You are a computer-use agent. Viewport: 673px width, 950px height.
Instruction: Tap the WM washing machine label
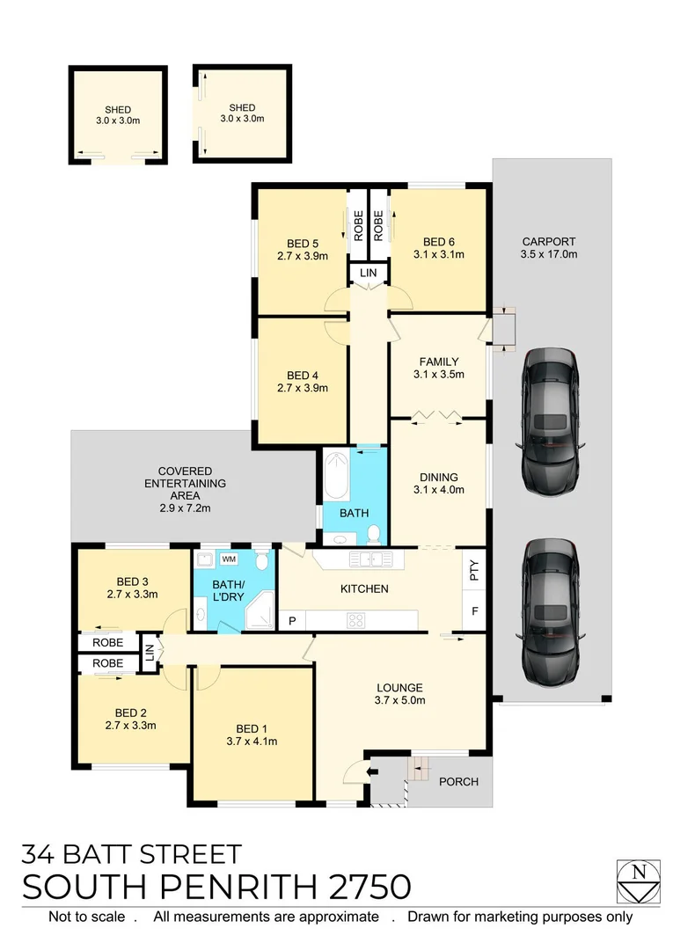(x=229, y=559)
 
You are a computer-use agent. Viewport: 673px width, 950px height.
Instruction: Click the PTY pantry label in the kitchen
(x=474, y=573)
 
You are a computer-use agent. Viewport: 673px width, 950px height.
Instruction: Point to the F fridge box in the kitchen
(x=474, y=610)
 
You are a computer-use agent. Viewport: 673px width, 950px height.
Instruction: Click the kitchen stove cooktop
(x=357, y=619)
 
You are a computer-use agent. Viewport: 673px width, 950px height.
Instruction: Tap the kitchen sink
(x=371, y=559)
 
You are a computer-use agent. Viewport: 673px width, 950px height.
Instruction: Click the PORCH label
(x=458, y=781)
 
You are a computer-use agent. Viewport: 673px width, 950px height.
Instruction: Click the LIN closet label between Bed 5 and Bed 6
(x=369, y=274)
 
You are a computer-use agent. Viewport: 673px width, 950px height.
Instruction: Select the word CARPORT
(x=549, y=241)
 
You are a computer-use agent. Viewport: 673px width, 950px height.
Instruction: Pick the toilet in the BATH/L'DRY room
(x=262, y=562)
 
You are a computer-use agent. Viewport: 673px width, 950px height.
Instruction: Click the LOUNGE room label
(x=400, y=688)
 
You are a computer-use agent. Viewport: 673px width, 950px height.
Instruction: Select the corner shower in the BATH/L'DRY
(x=259, y=613)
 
